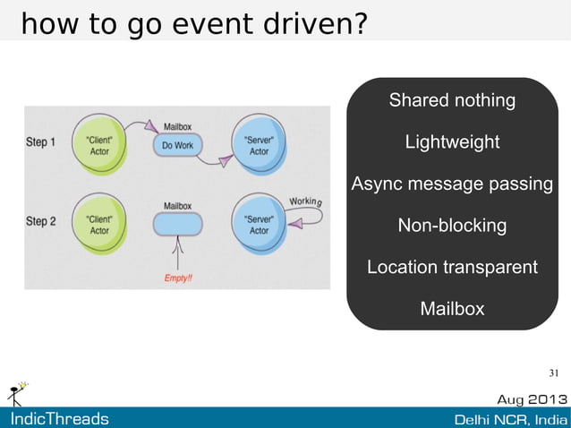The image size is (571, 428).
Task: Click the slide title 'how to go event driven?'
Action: [192, 24]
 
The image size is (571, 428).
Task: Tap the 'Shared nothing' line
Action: [452, 100]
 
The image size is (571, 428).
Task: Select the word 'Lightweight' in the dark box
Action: [452, 142]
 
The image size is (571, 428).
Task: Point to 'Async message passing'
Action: [452, 184]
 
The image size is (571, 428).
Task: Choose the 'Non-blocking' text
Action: [452, 226]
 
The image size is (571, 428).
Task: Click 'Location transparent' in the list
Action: [452, 267]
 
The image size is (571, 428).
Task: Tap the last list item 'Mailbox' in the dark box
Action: [452, 309]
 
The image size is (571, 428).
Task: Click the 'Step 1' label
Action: [41, 141]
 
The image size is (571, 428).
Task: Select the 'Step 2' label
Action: [41, 221]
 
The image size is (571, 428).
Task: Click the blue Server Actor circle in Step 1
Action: [259, 146]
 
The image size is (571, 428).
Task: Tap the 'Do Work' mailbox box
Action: [178, 145]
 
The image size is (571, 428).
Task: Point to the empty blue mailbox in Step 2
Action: [178, 225]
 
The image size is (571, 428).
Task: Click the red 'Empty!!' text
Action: [178, 278]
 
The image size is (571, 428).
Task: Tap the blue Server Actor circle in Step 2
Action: [259, 225]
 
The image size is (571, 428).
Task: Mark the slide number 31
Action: [553, 372]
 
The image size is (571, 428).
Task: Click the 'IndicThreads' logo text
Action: [59, 419]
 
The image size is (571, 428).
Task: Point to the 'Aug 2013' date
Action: [532, 398]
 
